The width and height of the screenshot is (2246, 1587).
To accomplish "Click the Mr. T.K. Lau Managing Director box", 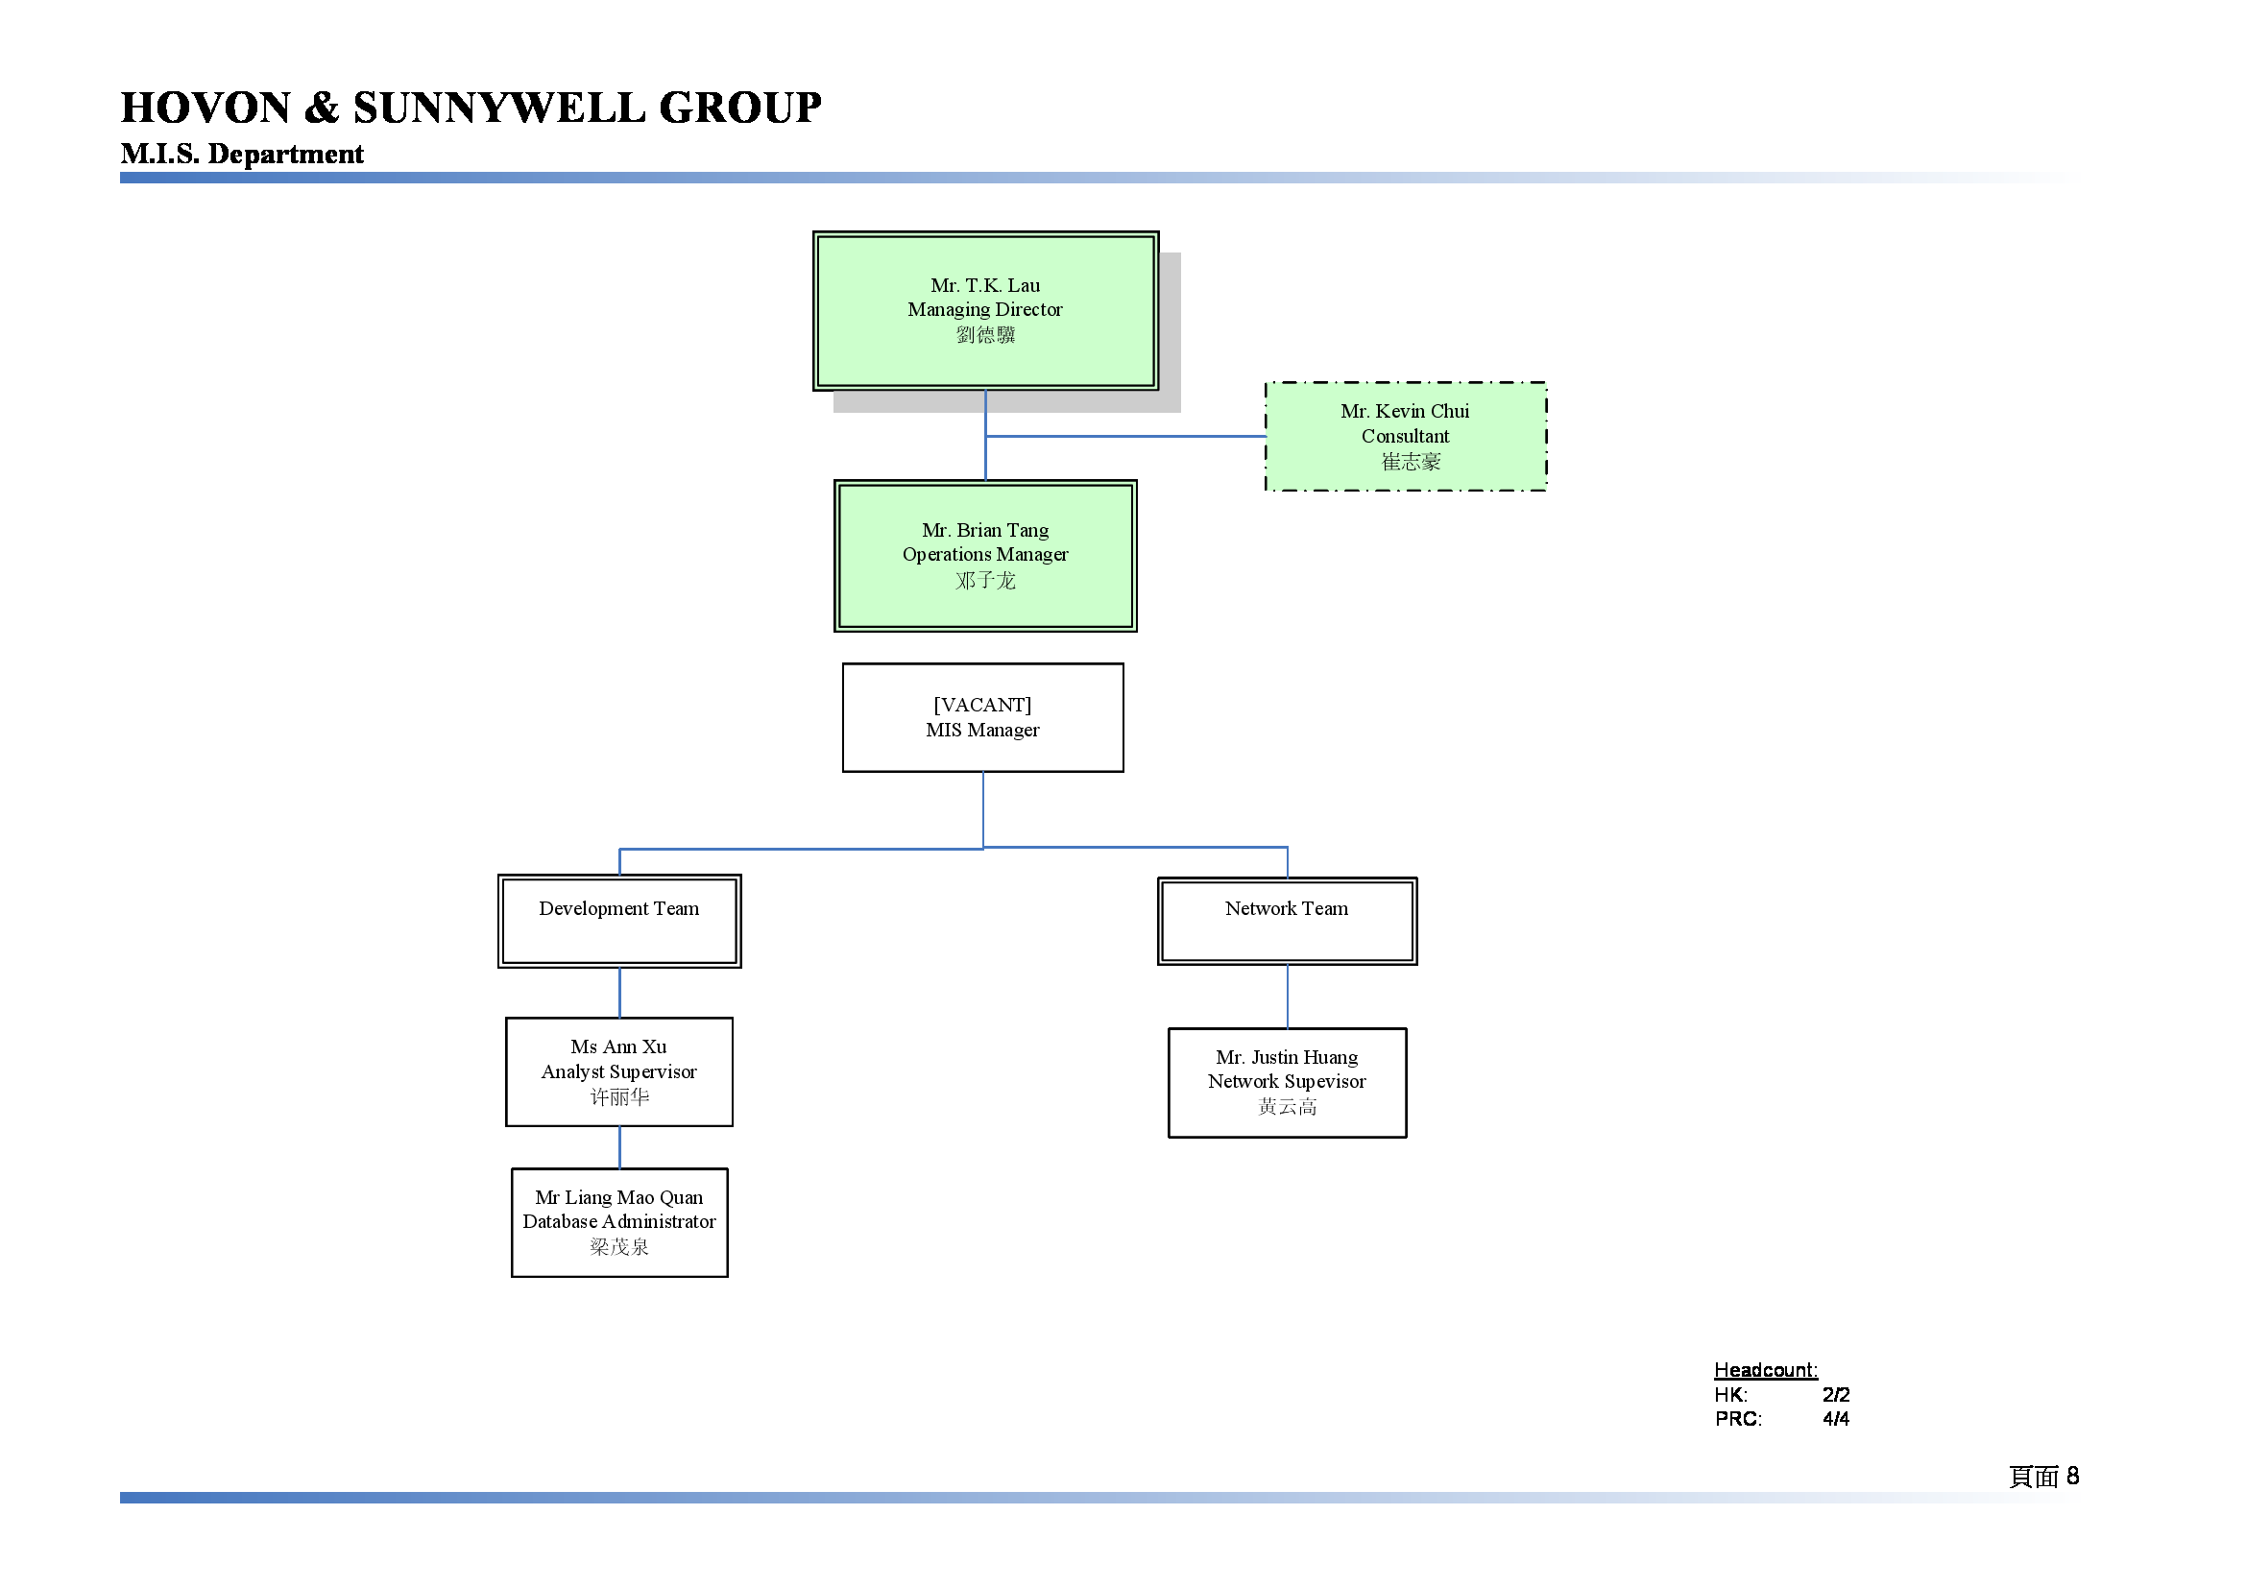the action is point(985,311).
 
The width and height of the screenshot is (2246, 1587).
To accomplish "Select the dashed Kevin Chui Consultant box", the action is point(1406,436).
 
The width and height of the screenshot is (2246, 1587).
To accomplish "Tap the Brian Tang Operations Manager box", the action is point(985,555).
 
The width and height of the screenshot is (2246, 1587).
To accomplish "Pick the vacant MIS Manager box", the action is point(983,718).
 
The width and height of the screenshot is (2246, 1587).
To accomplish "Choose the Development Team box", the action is point(619,921).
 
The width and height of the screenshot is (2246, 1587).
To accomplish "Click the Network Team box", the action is point(1288,921).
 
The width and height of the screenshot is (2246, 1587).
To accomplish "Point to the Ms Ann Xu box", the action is point(619,1071).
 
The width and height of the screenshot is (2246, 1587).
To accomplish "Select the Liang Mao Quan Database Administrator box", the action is point(619,1222).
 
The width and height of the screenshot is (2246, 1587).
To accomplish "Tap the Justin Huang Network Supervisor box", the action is point(1288,1082).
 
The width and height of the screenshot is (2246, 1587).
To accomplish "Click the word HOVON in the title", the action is point(206,108).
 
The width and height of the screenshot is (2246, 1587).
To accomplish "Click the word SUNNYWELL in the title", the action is point(499,108).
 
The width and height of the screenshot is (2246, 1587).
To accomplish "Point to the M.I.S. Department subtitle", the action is point(242,154).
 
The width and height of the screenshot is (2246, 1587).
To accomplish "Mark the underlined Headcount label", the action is point(1766,1370).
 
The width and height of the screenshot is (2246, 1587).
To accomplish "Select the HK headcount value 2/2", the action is point(1836,1394).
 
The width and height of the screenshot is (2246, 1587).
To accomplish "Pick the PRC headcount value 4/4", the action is point(1836,1419).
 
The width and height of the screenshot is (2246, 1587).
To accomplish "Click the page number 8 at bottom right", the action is point(2073,1476).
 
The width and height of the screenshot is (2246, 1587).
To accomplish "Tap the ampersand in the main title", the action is point(322,108).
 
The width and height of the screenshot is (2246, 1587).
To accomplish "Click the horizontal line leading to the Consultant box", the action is point(1126,436).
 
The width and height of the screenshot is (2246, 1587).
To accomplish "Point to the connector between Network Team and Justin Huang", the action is point(1288,997).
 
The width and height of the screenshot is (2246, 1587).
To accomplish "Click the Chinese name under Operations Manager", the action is point(985,581).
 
